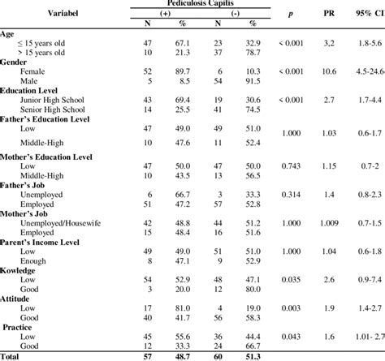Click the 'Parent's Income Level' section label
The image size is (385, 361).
point(45,241)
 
